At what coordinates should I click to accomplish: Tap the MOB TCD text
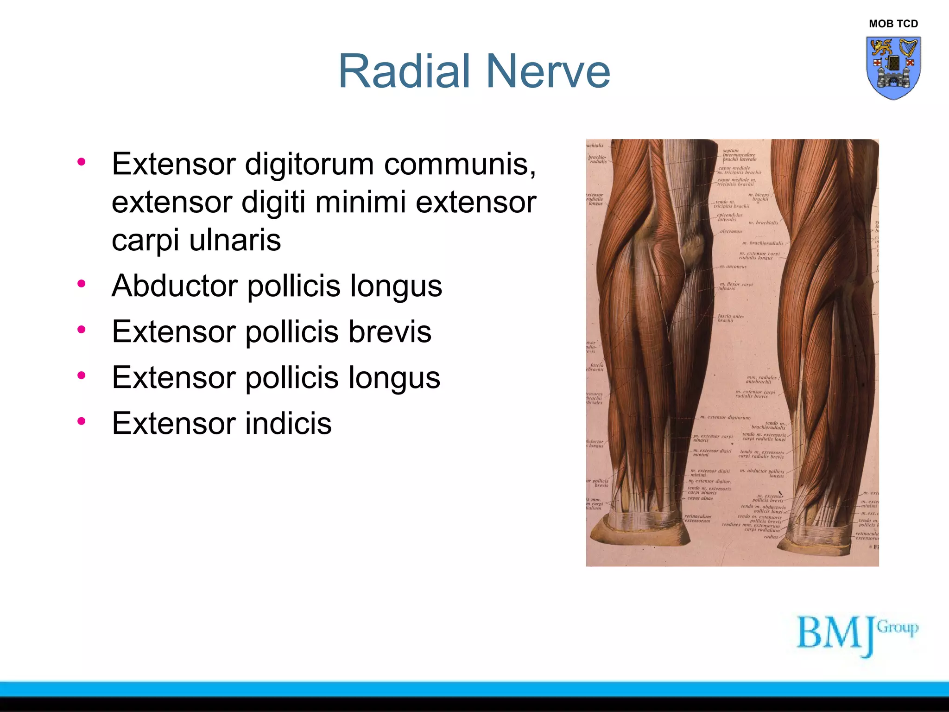pyautogui.click(x=893, y=24)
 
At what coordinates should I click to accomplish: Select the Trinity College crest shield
pyautogui.click(x=893, y=68)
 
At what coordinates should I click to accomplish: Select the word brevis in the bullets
pyautogui.click(x=390, y=331)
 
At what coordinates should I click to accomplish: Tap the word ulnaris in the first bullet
pyautogui.click(x=235, y=240)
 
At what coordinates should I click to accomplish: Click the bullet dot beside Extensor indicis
pyautogui.click(x=82, y=421)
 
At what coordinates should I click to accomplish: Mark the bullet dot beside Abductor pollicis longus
pyautogui.click(x=82, y=283)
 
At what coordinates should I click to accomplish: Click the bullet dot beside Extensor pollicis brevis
pyautogui.click(x=82, y=329)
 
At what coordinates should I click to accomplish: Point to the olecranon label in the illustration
pyautogui.click(x=731, y=231)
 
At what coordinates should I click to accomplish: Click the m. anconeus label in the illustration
pyautogui.click(x=734, y=267)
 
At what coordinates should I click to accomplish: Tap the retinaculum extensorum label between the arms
pyautogui.click(x=698, y=518)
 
